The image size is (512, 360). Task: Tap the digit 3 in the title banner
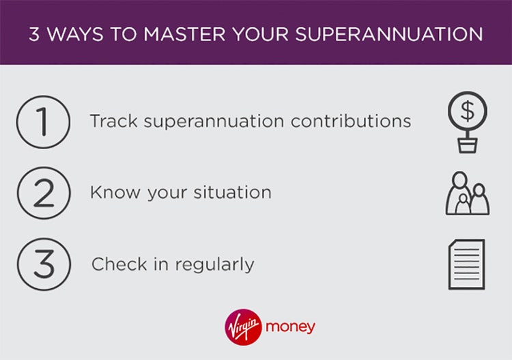click(x=34, y=33)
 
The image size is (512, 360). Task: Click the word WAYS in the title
click(x=76, y=33)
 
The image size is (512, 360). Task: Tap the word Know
click(x=111, y=193)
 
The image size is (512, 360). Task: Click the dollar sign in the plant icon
click(x=467, y=109)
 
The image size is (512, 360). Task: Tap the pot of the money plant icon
click(x=467, y=145)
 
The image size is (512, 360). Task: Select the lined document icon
click(x=466, y=264)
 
